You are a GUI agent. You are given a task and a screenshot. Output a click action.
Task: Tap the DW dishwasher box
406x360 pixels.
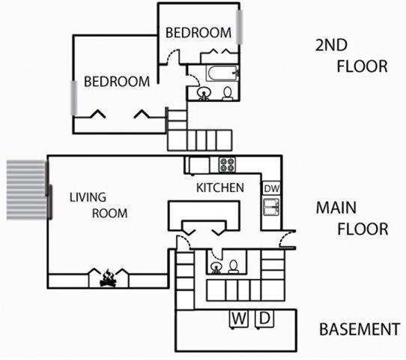[271, 188]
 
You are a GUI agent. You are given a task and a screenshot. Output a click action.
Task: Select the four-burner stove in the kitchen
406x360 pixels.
[227, 164]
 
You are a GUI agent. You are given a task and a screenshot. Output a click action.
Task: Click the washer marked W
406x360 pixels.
[239, 319]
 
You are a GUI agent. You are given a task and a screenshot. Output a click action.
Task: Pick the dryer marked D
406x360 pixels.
[264, 319]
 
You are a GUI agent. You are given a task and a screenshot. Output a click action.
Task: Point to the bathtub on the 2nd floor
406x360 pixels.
[222, 73]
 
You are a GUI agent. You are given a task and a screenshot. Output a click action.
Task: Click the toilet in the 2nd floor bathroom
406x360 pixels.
[228, 93]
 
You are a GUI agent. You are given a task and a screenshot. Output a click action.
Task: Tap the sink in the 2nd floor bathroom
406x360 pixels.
[204, 93]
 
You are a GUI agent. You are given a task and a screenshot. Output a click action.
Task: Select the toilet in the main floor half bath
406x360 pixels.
[234, 267]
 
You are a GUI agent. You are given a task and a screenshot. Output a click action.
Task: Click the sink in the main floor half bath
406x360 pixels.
[216, 268]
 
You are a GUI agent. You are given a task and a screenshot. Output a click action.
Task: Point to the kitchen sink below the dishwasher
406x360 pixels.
[271, 207]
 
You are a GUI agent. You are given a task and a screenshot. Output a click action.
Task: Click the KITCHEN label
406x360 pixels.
[220, 187]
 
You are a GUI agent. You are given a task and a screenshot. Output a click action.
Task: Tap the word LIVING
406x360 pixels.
[88, 197]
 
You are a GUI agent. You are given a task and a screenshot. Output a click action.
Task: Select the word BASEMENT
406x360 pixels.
[360, 329]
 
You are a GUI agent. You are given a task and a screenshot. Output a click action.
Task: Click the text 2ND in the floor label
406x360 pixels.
[331, 45]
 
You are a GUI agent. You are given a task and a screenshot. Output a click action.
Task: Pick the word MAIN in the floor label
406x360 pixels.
[336, 208]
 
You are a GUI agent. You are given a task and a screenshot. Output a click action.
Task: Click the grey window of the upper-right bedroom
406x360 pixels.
[240, 27]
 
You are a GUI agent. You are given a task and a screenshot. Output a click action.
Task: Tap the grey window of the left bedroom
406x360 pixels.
[74, 97]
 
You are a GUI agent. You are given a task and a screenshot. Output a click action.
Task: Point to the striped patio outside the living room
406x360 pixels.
[26, 190]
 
